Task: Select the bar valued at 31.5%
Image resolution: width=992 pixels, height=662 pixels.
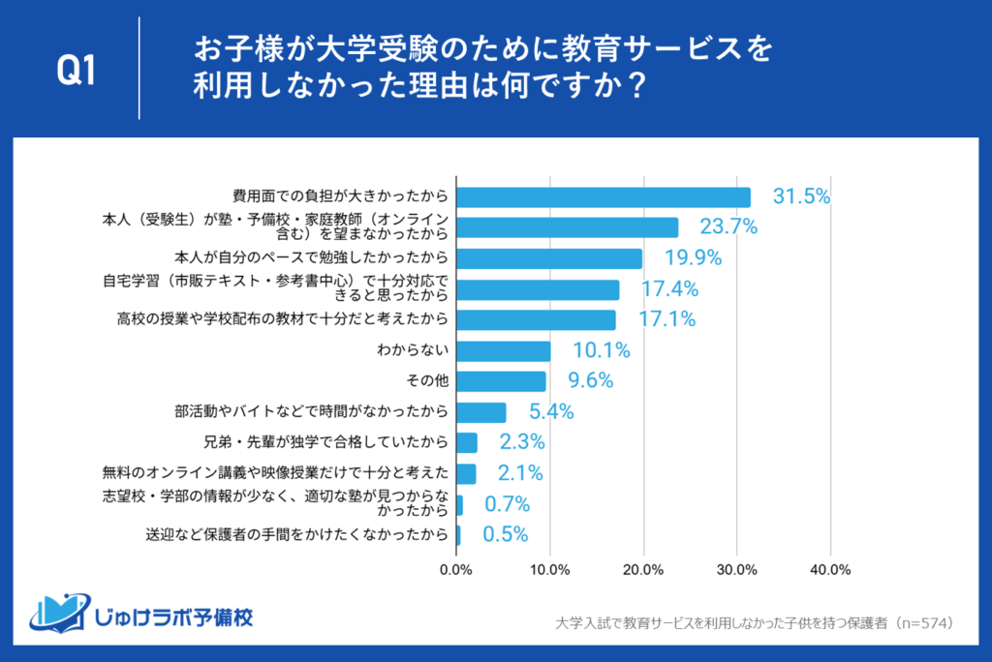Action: click(x=603, y=197)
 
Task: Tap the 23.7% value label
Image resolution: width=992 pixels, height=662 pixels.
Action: click(x=728, y=227)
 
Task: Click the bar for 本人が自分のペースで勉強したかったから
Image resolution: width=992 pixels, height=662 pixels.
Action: click(x=548, y=258)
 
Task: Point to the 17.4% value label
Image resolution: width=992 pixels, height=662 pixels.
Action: click(x=668, y=289)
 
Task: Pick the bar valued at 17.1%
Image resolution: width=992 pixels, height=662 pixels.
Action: click(x=536, y=319)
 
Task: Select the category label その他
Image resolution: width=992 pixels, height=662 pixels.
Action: click(x=430, y=381)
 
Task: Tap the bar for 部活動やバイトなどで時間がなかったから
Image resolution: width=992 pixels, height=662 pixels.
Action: click(x=480, y=412)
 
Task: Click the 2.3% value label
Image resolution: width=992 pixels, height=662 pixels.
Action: click(x=521, y=442)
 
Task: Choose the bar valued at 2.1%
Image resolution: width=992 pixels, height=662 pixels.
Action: click(x=466, y=473)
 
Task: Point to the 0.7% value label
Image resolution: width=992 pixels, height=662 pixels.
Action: click(x=507, y=504)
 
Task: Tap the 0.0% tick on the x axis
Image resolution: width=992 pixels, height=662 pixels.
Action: click(x=456, y=569)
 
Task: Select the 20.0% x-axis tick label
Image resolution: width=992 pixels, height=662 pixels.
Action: click(x=643, y=569)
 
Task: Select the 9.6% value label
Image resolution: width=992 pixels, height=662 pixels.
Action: click(x=589, y=381)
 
